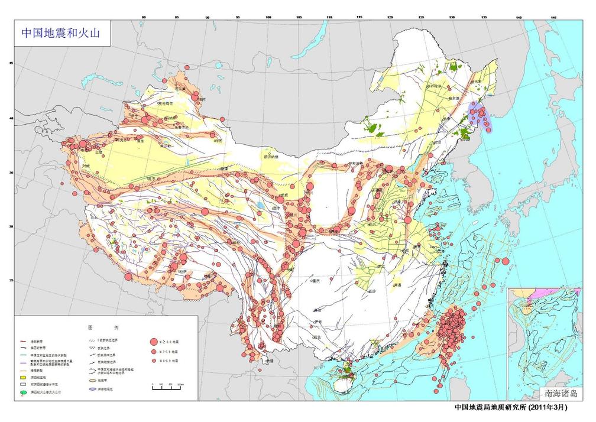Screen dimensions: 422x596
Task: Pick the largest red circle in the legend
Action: click(154, 341)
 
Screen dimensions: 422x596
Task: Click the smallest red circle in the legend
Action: click(154, 360)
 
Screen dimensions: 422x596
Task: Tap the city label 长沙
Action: click(372, 291)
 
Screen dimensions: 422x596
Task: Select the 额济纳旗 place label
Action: click(270, 157)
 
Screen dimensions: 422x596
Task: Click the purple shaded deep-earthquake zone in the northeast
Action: click(480, 114)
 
